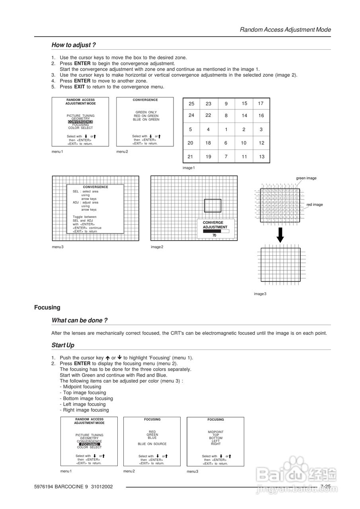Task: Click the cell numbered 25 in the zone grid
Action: click(191, 104)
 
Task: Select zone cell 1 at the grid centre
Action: click(226, 129)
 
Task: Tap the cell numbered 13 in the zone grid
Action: click(261, 157)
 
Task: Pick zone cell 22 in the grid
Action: click(208, 115)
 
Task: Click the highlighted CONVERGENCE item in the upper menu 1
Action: click(80, 122)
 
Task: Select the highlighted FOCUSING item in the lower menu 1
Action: click(89, 444)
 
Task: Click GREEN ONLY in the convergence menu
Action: click(146, 112)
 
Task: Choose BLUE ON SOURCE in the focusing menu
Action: click(152, 444)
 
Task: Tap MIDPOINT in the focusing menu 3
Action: click(216, 432)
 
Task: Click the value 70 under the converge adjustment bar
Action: click(214, 235)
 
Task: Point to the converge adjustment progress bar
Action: click(216, 231)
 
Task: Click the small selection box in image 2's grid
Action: click(212, 206)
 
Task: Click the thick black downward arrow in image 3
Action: click(280, 235)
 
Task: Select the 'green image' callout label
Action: click(306, 178)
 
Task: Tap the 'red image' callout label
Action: click(314, 205)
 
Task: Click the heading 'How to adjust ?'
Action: click(74, 45)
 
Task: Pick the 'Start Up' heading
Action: click(63, 345)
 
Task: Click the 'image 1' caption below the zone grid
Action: click(189, 168)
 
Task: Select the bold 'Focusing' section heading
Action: click(47, 307)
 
